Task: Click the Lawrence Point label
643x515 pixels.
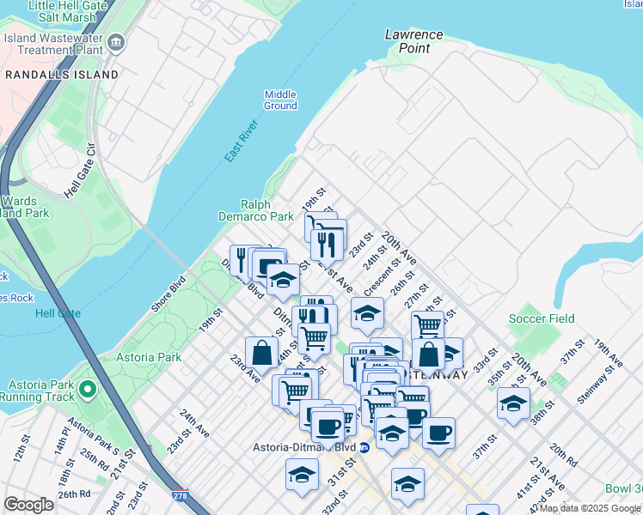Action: point(413,41)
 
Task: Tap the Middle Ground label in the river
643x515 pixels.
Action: point(280,100)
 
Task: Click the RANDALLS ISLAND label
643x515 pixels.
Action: point(61,75)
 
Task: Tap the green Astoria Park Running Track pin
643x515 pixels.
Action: point(87,391)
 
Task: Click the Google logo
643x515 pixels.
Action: point(28,505)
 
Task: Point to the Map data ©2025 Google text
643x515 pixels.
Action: point(590,508)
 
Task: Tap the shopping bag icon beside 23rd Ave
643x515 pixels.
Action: point(261,352)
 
